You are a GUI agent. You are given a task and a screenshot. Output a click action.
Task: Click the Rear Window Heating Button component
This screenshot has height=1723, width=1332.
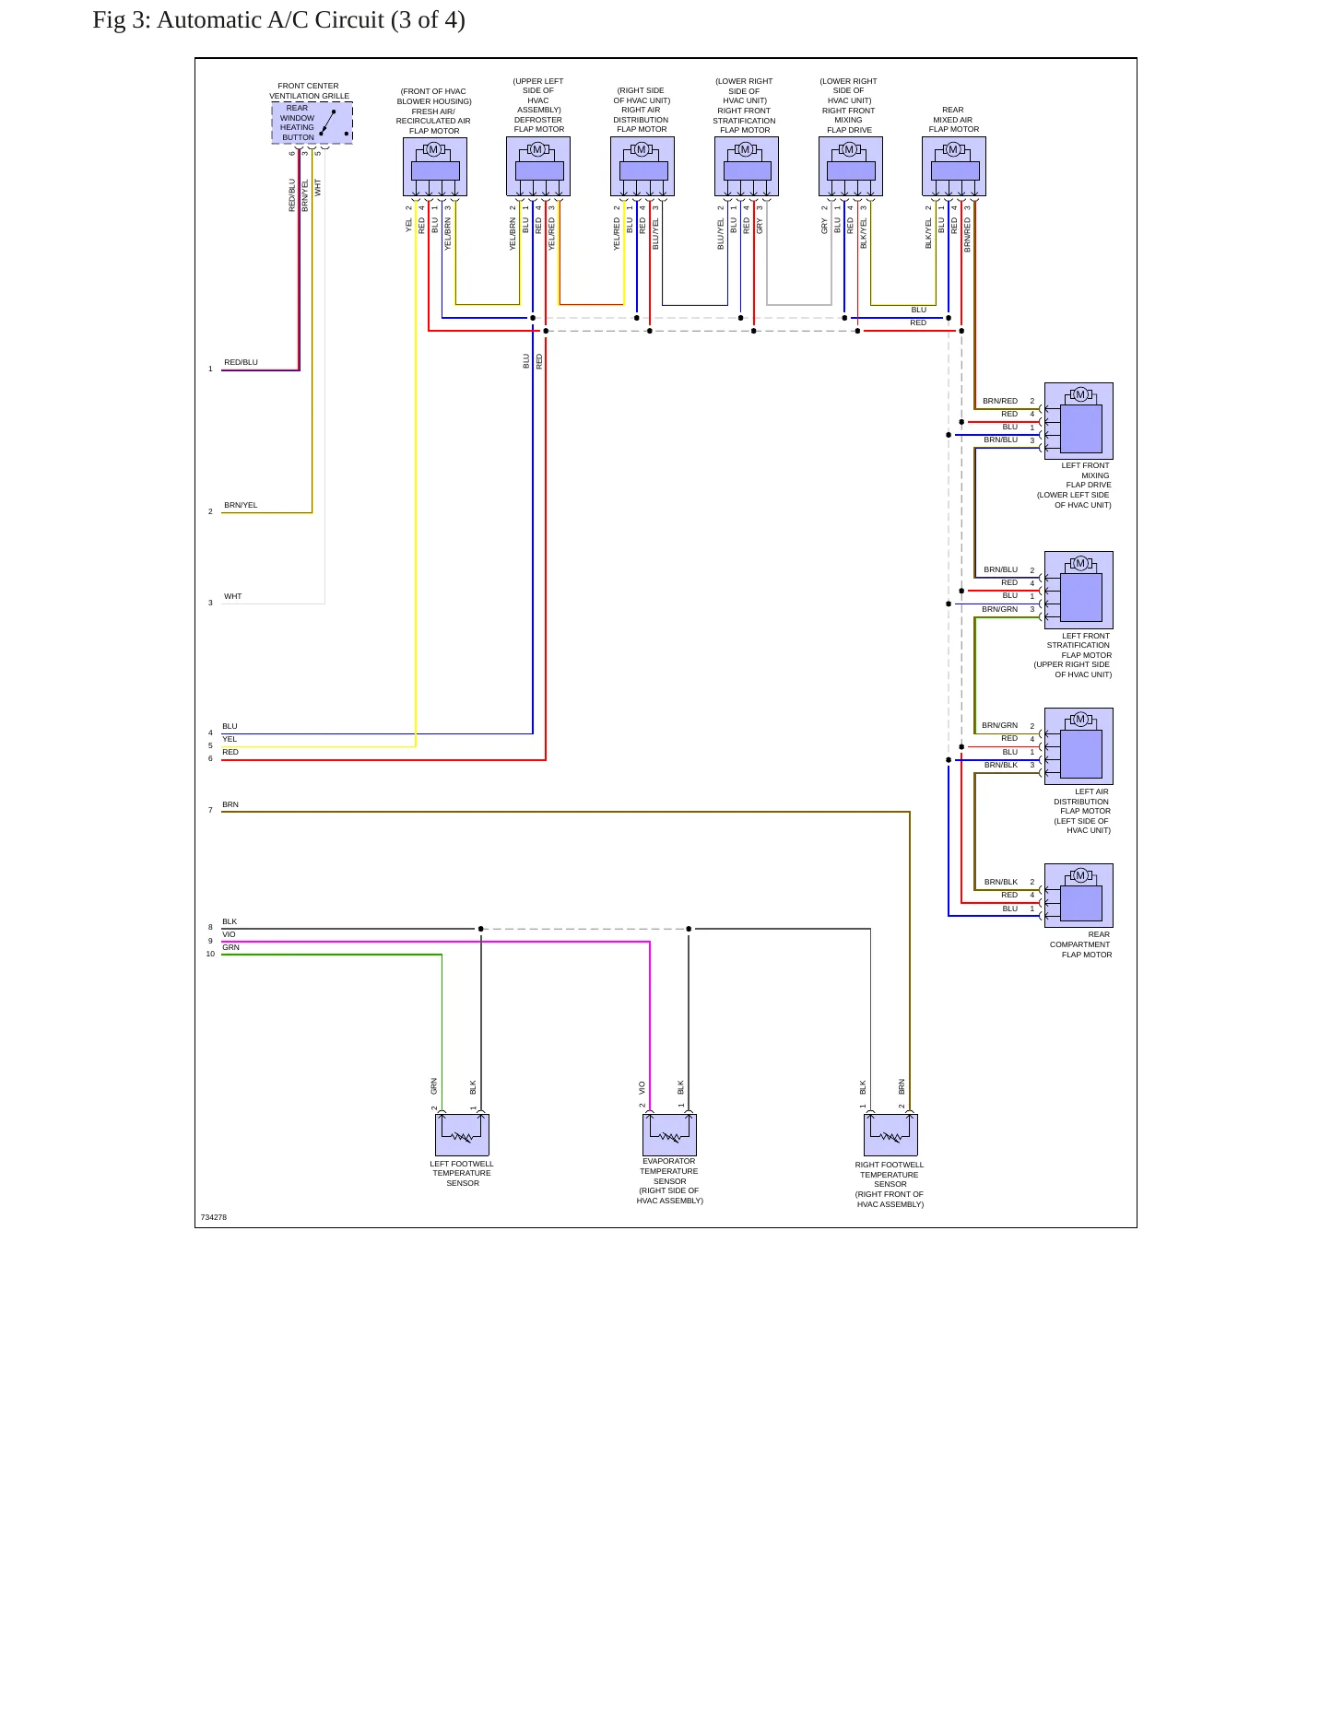click(x=312, y=123)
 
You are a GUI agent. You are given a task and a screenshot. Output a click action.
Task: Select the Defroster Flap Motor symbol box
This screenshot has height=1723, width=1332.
click(x=538, y=167)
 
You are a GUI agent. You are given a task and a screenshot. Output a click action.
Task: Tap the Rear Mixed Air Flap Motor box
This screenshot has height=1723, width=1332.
click(x=954, y=167)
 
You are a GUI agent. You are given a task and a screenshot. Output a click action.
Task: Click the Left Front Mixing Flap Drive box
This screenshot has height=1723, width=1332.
click(x=1079, y=421)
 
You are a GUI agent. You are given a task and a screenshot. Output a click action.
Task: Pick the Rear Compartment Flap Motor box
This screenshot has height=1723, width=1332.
click(x=1079, y=896)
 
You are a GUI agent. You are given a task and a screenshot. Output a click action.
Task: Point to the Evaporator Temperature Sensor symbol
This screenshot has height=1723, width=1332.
click(x=669, y=1134)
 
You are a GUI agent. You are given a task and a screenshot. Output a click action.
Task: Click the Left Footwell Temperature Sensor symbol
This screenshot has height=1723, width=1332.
click(x=462, y=1134)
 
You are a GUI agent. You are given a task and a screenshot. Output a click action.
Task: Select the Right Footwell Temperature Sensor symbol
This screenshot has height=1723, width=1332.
click(x=890, y=1134)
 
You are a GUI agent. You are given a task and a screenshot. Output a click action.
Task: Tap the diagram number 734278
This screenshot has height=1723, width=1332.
click(x=214, y=1217)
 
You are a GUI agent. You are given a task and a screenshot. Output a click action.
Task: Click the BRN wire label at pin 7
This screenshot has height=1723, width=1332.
click(x=230, y=804)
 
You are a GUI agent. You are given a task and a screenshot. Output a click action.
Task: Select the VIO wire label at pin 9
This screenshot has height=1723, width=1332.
click(x=229, y=934)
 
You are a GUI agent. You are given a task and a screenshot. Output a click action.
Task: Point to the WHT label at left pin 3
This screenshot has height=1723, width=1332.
click(x=233, y=596)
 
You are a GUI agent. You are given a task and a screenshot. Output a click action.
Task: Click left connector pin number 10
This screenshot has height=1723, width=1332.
click(x=210, y=954)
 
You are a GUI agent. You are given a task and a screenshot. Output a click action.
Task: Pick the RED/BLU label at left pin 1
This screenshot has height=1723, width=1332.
click(x=242, y=362)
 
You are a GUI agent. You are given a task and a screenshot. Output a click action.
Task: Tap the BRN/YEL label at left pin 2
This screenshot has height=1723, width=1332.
click(x=242, y=505)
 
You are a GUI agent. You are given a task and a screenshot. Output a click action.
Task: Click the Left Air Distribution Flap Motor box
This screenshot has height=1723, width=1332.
click(x=1079, y=746)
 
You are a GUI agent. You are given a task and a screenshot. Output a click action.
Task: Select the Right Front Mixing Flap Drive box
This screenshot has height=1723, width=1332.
click(x=851, y=167)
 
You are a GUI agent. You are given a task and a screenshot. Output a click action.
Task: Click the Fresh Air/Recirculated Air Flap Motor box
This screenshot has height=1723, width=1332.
click(x=435, y=167)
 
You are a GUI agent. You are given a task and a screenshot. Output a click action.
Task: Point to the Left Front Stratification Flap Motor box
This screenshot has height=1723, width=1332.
click(x=1079, y=590)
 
